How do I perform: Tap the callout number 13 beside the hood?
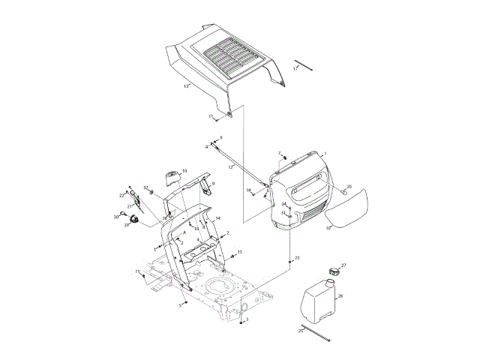click(x=185, y=86)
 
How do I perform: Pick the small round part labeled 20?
click(x=344, y=191)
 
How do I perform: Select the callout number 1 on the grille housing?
click(x=325, y=153)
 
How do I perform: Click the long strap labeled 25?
click(x=314, y=334)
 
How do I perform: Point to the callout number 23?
click(x=297, y=258)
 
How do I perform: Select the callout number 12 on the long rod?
click(x=231, y=166)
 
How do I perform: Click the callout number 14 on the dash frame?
click(x=217, y=218)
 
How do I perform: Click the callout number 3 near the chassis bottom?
click(x=247, y=319)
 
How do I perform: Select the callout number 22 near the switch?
click(x=121, y=195)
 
